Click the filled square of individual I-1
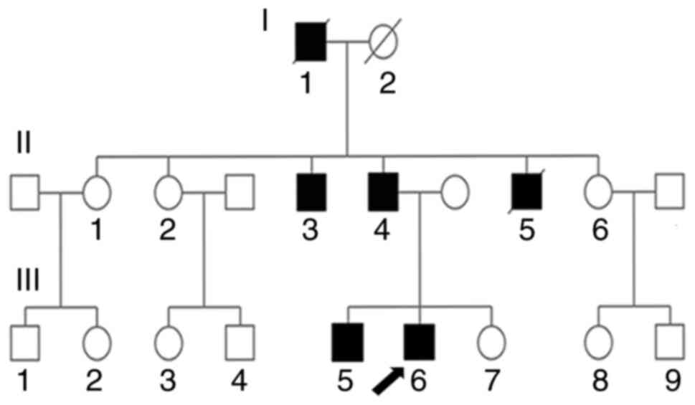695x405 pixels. click(x=311, y=42)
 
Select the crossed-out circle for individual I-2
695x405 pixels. click(x=384, y=42)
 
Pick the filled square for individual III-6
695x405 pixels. click(x=420, y=341)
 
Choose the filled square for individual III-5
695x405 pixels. click(x=347, y=341)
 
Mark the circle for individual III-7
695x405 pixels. click(x=492, y=341)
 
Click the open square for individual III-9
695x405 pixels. click(x=670, y=341)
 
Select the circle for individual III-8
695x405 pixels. click(x=599, y=341)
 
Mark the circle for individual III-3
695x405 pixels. click(x=168, y=341)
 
